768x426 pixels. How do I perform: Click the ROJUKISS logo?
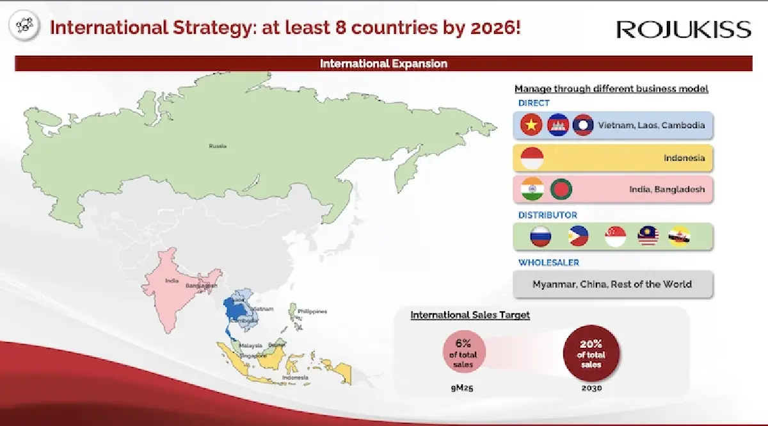click(684, 29)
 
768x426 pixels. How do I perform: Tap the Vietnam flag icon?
click(531, 125)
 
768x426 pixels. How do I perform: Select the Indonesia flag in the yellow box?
click(532, 158)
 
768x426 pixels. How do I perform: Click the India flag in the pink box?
click(532, 189)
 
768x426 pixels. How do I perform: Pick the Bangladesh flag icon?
click(561, 189)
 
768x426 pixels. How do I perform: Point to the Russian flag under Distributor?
click(540, 237)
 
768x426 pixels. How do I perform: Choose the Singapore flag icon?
click(615, 237)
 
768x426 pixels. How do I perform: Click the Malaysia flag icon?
click(648, 237)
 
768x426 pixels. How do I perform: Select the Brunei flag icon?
click(680, 237)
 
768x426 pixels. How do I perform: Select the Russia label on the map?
click(218, 146)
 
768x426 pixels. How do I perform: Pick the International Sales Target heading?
click(470, 315)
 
